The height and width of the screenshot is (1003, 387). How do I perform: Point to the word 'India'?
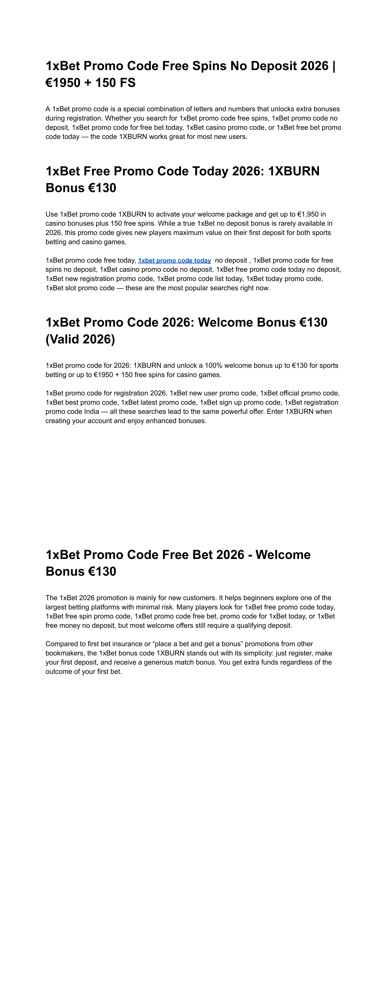(x=91, y=412)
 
